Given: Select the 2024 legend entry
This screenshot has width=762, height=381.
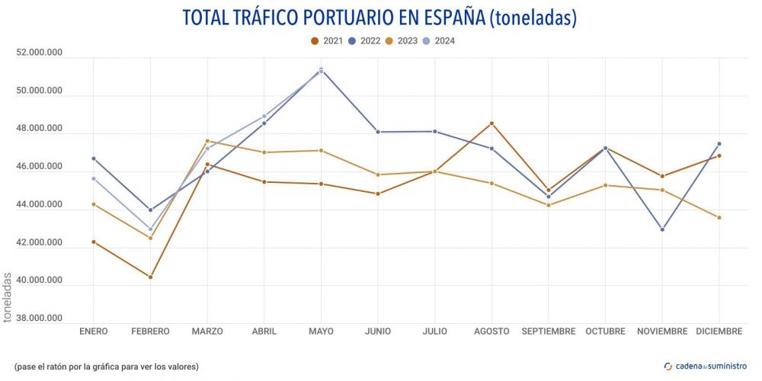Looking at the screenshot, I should (439, 40).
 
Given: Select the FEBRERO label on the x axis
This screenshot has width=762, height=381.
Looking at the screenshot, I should (150, 331).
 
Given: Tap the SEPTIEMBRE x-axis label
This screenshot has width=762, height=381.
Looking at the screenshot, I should (549, 331).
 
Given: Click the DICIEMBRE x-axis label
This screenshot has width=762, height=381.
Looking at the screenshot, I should (719, 331).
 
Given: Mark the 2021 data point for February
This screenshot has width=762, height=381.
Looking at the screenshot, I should (150, 277).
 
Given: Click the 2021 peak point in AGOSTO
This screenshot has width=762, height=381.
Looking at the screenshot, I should (491, 123).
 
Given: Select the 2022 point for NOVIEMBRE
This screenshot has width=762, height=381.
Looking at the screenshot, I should (662, 229).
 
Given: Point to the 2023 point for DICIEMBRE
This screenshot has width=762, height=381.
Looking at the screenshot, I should (719, 218).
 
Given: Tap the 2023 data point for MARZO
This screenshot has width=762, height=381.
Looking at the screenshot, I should (207, 141).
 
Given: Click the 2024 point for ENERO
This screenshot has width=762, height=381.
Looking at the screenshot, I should (94, 178).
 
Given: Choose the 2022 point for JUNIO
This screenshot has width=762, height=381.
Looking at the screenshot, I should (378, 132).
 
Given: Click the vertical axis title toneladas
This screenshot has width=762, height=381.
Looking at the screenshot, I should (8, 298).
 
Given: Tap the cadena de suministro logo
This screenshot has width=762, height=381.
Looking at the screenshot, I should (705, 367).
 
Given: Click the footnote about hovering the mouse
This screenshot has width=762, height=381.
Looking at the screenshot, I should (106, 367).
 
